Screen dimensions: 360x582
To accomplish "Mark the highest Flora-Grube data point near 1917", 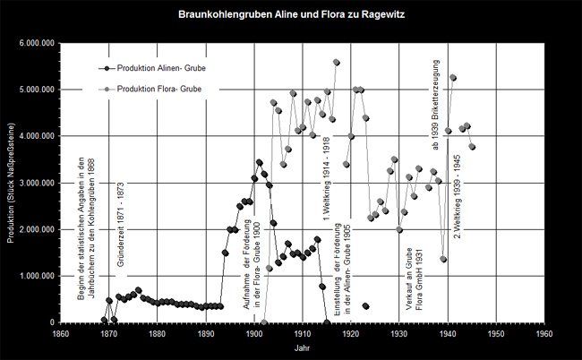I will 337,63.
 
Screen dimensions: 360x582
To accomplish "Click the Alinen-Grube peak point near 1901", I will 259,162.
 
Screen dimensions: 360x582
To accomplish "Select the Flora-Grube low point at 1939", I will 443,259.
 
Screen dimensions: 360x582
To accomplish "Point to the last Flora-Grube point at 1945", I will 472,146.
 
